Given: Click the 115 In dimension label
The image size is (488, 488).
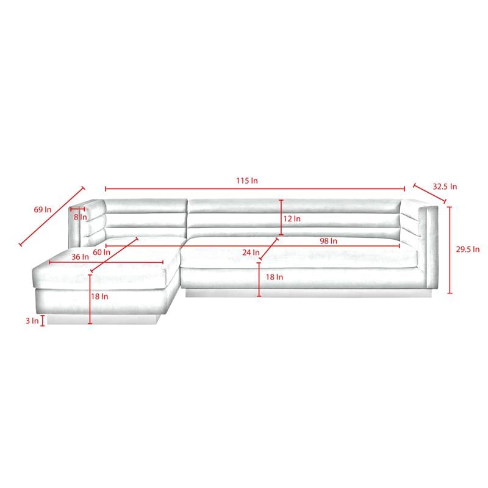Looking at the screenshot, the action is pos(247,181).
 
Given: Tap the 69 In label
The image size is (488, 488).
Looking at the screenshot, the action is pos(43,209).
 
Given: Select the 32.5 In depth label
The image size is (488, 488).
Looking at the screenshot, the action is pos(445,187).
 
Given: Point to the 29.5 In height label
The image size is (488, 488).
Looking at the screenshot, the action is pos(468,249).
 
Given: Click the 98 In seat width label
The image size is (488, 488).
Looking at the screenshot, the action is pos(328,240).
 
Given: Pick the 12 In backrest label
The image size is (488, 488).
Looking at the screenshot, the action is pos(292,218).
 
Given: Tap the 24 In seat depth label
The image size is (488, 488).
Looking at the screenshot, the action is pos(251,252).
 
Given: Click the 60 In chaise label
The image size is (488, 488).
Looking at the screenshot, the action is pos(101,252).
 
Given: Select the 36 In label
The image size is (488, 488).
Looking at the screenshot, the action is pos(81,257).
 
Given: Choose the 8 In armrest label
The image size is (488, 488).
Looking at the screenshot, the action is pos(81,217).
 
